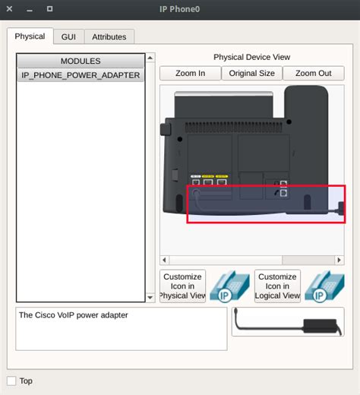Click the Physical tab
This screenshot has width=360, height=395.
click(30, 36)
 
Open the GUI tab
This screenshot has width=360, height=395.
click(68, 36)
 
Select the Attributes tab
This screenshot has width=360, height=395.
click(109, 36)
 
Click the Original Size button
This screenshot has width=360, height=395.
click(251, 74)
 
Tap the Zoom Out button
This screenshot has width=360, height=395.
click(313, 74)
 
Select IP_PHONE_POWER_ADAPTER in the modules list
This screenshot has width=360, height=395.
click(81, 75)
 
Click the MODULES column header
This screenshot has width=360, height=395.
click(81, 61)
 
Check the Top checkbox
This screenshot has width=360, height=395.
click(11, 381)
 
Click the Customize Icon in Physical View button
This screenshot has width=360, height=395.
click(182, 286)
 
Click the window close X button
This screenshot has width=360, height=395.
click(10, 9)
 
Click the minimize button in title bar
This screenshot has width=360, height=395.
click(30, 9)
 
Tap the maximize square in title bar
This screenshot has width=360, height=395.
click(49, 9)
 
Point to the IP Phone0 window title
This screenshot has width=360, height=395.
click(179, 9)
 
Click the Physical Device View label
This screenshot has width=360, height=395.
click(251, 57)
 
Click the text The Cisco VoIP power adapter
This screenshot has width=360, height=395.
click(74, 315)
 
